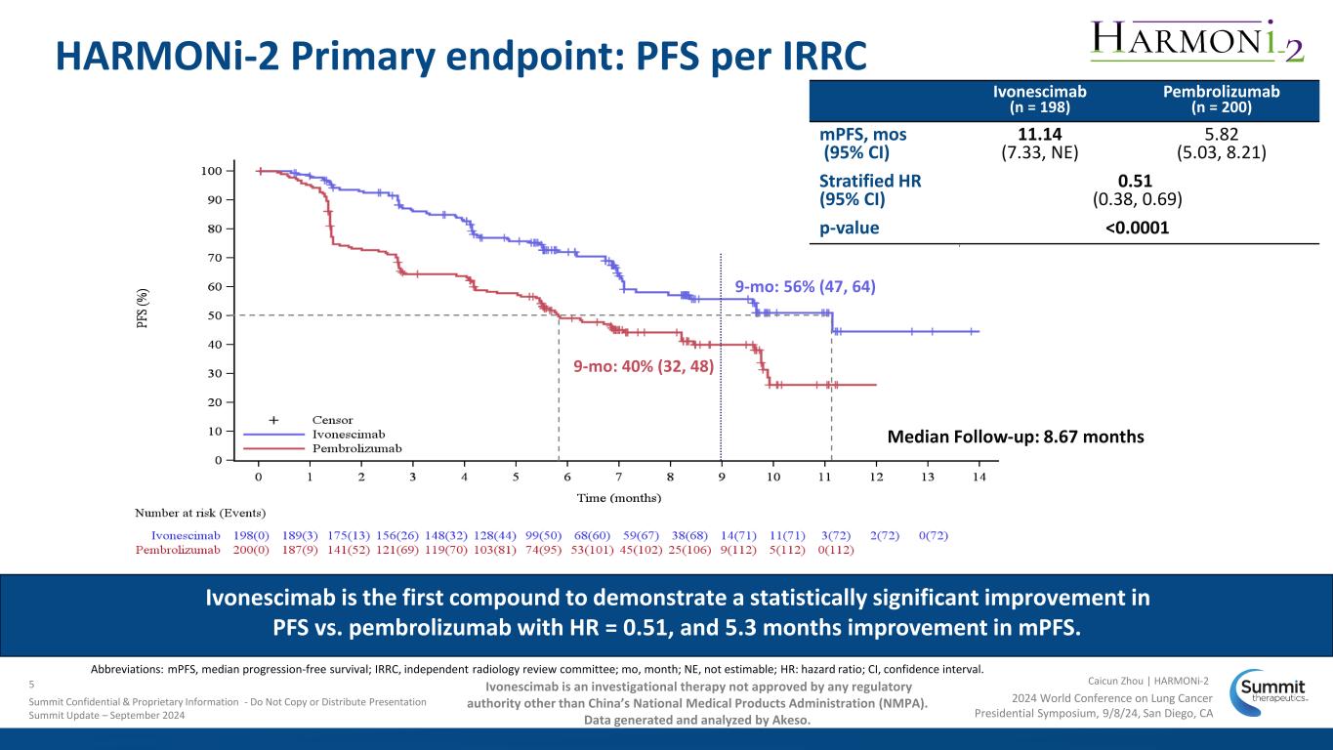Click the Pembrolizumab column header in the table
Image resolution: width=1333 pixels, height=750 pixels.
tap(1221, 98)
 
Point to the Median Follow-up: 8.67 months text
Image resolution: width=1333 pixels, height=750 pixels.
tap(1016, 437)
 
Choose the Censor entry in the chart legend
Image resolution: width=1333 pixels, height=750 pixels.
tap(332, 420)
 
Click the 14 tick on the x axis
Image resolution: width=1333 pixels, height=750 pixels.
tap(979, 477)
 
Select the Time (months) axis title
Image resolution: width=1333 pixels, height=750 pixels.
tap(618, 497)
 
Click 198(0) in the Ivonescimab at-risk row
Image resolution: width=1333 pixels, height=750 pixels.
tap(253, 535)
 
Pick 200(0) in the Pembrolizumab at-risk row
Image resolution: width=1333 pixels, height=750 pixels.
tap(253, 550)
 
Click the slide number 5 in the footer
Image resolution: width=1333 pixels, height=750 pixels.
tap(32, 684)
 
